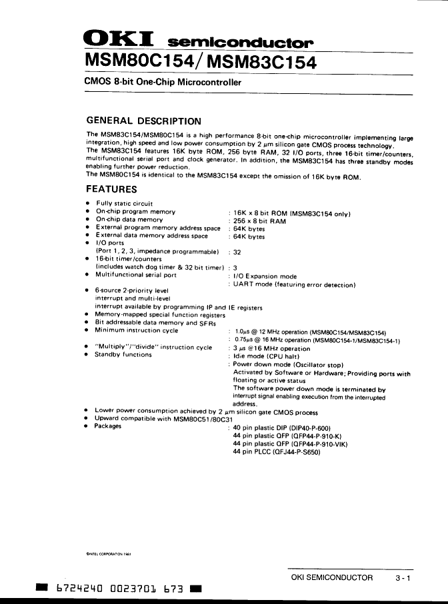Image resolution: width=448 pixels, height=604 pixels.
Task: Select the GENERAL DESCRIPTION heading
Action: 144,121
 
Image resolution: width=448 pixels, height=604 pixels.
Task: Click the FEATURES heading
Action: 112,189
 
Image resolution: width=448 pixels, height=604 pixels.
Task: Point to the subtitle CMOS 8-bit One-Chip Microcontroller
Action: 162,83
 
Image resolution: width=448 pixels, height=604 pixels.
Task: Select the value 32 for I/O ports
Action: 237,252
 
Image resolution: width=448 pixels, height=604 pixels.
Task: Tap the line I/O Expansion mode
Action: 265,276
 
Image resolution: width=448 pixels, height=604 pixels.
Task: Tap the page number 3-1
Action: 403,578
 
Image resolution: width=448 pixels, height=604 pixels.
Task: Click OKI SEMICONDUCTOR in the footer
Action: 332,578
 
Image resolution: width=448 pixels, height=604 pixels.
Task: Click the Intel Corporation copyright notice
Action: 109,553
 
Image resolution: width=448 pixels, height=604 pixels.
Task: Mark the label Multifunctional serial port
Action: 135,274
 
